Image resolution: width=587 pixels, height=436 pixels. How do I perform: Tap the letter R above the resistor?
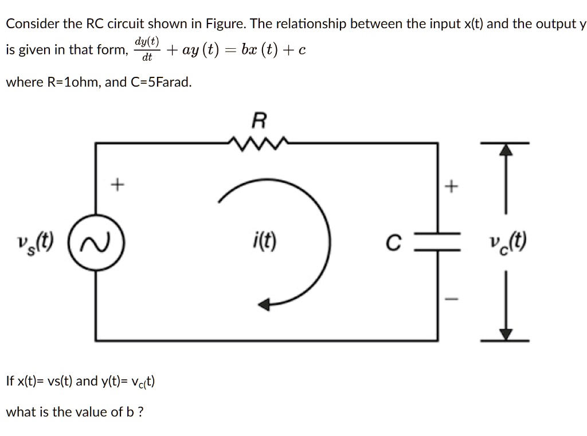tap(259, 120)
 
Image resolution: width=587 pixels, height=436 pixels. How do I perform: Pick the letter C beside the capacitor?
tap(392, 243)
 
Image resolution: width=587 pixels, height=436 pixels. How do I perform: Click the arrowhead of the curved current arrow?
tap(264, 305)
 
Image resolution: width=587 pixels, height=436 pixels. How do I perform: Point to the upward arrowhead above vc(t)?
tap(505, 150)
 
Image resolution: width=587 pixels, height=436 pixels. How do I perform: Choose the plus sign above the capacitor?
tap(452, 186)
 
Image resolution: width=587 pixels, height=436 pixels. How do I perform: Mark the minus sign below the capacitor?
tap(452, 299)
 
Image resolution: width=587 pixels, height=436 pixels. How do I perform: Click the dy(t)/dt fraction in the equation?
tap(147, 49)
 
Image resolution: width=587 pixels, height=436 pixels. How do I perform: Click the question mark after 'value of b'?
tap(140, 412)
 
